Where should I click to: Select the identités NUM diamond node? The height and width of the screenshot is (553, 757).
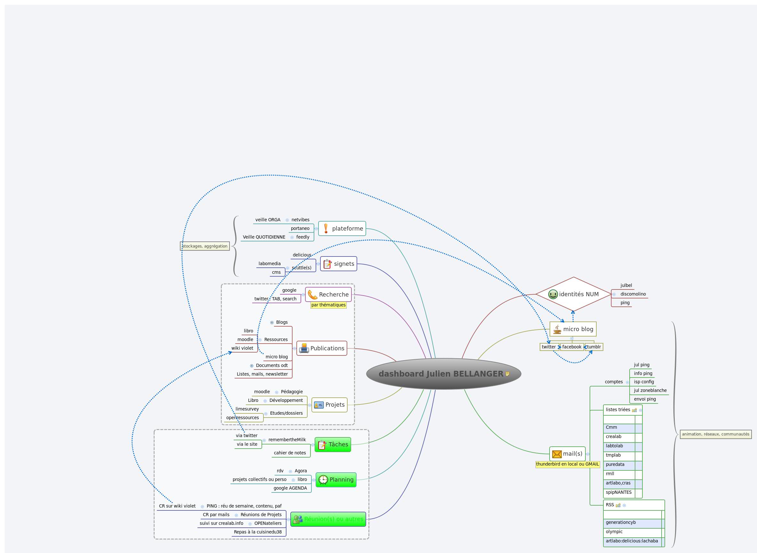573,294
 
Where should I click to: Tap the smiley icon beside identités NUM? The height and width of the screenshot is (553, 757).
553,294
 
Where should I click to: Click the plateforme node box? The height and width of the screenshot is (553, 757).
342,228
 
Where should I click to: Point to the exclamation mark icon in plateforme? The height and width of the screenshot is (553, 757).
326,228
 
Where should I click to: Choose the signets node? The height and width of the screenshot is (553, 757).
338,264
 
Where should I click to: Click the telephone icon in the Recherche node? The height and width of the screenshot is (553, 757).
312,295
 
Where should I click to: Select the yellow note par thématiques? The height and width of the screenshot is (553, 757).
328,305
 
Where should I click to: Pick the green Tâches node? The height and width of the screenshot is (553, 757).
333,444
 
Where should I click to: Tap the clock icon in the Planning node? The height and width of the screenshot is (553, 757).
323,480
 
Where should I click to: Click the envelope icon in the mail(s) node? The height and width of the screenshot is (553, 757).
557,454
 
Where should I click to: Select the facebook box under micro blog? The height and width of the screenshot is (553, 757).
572,347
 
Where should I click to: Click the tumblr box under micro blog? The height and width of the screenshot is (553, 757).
594,347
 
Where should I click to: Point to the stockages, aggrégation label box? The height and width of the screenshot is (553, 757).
205,246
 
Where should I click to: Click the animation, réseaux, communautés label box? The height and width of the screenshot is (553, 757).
715,434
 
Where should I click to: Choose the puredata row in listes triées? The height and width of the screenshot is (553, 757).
619,465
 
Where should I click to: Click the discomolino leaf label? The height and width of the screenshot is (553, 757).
633,294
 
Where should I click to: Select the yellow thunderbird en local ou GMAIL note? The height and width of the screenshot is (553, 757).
567,464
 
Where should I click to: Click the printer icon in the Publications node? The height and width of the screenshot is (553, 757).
304,348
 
